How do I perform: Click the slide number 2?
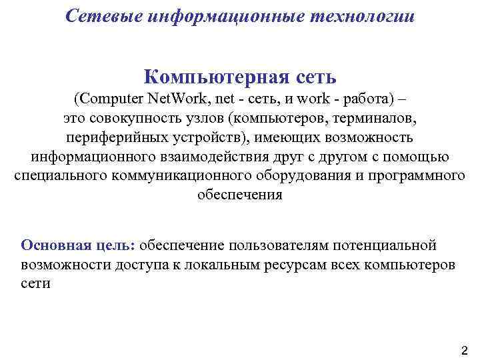[x=465, y=350]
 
